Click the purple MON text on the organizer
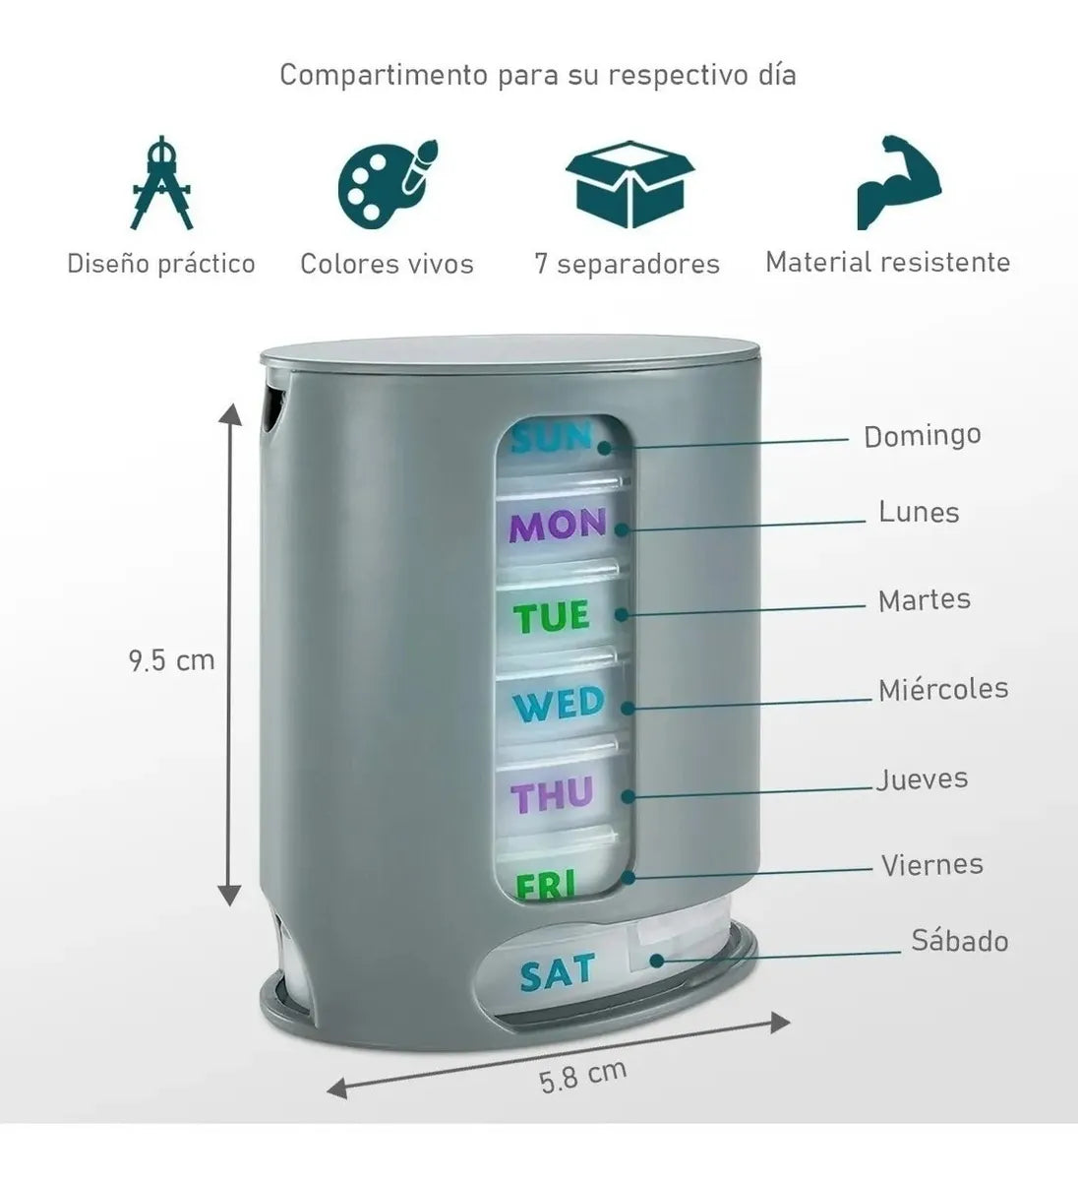[x=557, y=526]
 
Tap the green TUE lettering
[x=552, y=616]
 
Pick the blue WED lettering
[x=559, y=704]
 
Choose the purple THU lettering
[x=552, y=795]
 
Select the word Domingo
[x=922, y=437]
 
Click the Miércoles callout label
[x=943, y=689]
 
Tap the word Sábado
[x=960, y=940]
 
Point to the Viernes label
[x=932, y=865]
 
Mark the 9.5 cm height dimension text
[x=172, y=660]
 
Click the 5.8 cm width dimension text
[x=583, y=1076]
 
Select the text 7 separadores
[x=628, y=264]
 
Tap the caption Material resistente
[x=887, y=262]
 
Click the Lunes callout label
[x=919, y=512]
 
